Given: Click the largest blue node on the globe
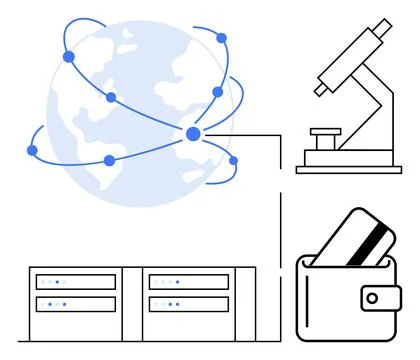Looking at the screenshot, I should [193, 134].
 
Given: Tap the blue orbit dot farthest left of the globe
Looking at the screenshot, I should [31, 151].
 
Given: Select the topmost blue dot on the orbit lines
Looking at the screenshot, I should [221, 38].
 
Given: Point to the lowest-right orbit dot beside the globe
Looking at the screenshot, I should [234, 160].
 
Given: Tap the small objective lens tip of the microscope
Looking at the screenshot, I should [320, 89].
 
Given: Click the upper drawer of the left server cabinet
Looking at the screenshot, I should [76, 282].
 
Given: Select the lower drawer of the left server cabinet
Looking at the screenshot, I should [76, 304].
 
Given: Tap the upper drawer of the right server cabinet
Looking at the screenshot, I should [188, 282].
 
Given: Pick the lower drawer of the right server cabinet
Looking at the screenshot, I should [188, 304].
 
